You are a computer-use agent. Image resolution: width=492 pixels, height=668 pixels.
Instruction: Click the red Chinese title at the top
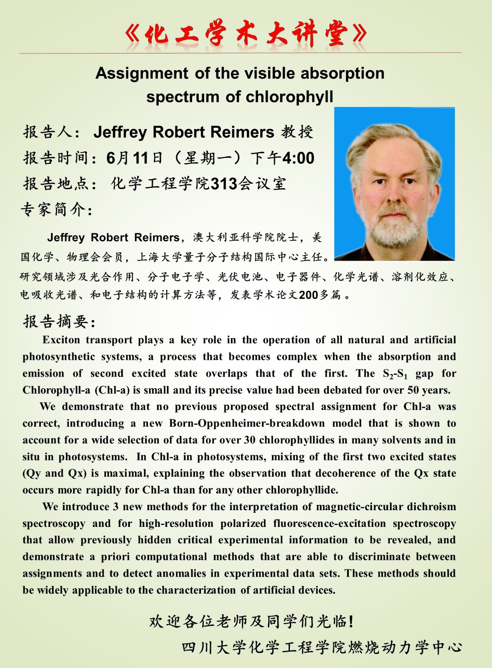(x=246, y=33)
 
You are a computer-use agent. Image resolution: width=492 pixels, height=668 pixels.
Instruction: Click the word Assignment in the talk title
(x=142, y=73)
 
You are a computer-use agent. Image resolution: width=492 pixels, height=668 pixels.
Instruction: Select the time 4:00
(x=298, y=158)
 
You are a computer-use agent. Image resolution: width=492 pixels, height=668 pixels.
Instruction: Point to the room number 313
(x=224, y=184)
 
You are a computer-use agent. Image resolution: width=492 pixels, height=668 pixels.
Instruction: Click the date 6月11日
(x=134, y=158)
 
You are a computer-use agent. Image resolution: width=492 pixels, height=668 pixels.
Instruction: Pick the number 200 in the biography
(x=309, y=295)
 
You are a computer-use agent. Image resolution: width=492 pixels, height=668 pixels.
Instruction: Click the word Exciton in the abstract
(x=61, y=340)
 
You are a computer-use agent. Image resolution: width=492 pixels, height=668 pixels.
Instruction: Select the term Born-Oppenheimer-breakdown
(x=247, y=423)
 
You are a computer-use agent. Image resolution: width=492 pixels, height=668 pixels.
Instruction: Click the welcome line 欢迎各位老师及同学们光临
(x=251, y=622)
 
